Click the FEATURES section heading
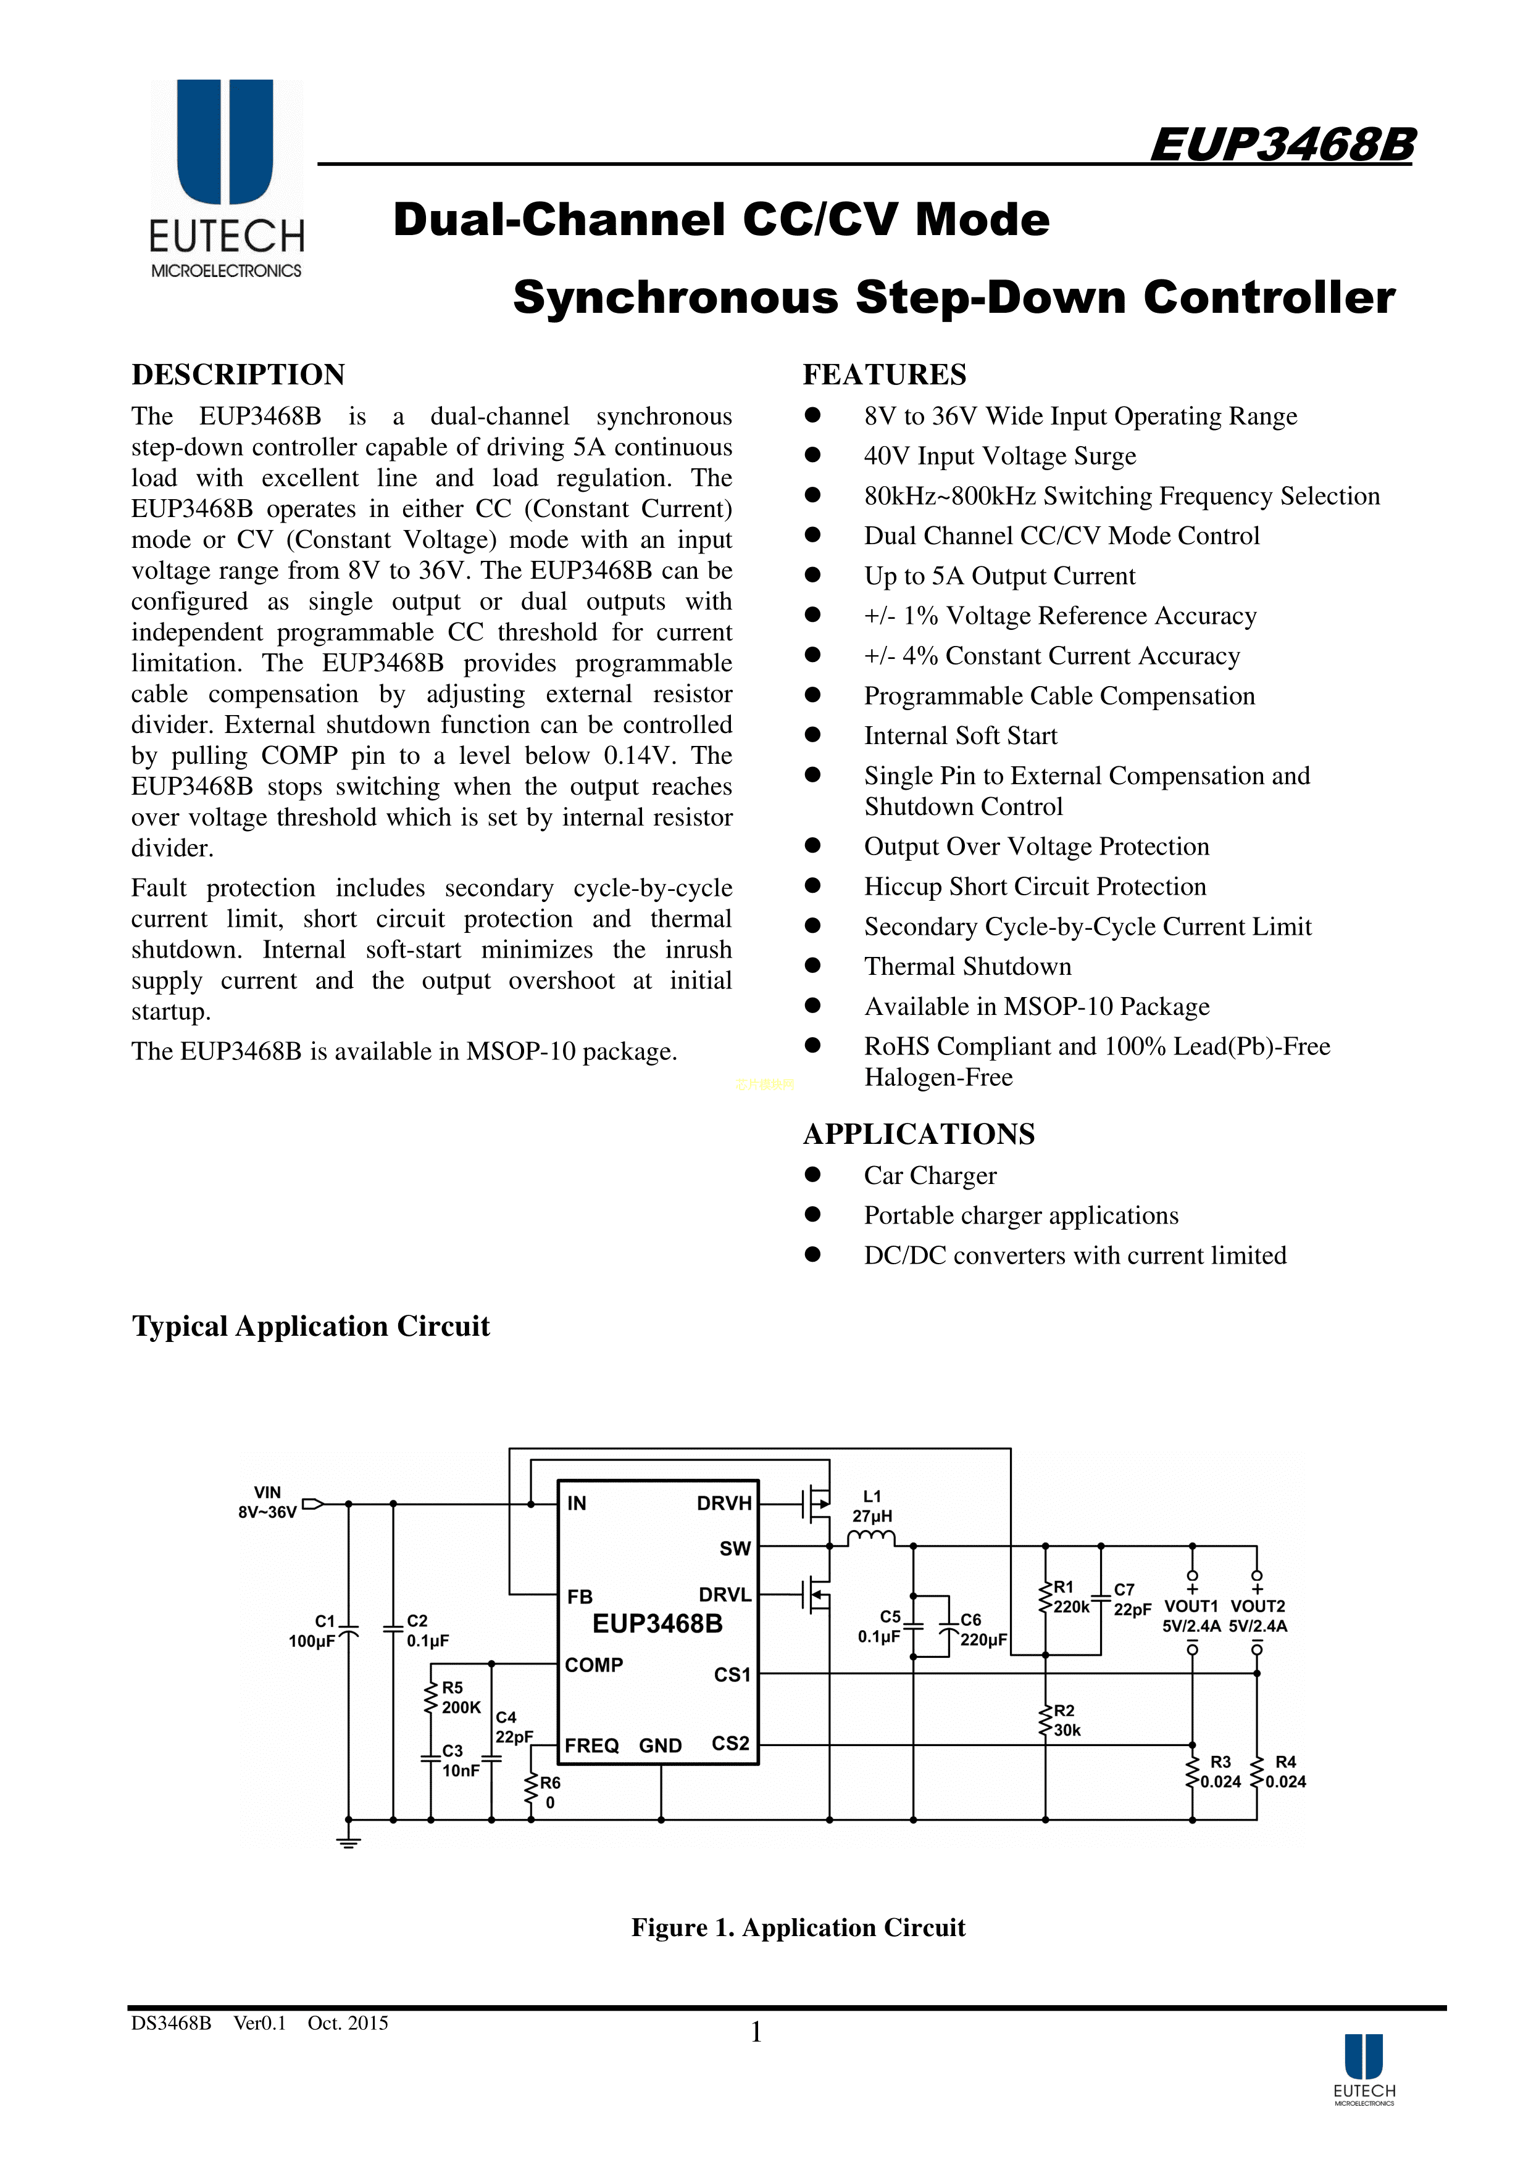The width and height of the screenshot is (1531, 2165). click(x=884, y=375)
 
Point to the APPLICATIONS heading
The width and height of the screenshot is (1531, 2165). click(x=918, y=1133)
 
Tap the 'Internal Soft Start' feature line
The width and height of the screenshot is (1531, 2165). click(x=961, y=735)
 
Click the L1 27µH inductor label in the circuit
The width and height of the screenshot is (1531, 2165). click(x=872, y=1506)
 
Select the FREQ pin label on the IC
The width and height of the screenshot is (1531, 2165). click(x=591, y=1745)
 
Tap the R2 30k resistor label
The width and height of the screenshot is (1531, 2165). click(x=1066, y=1720)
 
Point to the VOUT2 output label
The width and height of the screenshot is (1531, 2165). click(x=1258, y=1606)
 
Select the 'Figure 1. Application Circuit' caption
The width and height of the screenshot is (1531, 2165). click(x=798, y=1927)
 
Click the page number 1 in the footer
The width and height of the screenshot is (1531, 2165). click(x=756, y=2033)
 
